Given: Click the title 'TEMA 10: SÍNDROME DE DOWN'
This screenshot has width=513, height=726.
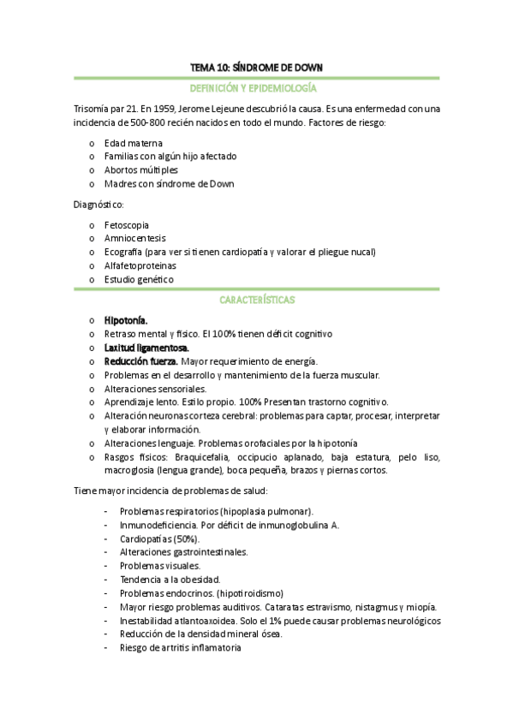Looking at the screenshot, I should click(x=256, y=68).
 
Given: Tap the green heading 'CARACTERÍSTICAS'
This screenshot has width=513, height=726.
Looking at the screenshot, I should click(x=256, y=301).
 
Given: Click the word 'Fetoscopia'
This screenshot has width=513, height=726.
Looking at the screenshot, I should click(x=125, y=225).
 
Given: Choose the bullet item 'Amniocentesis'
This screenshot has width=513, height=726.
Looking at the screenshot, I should click(x=134, y=239).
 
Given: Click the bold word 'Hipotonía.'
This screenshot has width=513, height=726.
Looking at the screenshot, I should click(x=126, y=320).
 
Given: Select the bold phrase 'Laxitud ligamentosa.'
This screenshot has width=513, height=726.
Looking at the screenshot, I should click(x=146, y=348).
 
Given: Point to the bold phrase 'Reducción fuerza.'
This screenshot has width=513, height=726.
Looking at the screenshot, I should click(x=141, y=361).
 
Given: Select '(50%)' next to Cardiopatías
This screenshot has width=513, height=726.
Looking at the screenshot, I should click(x=186, y=539).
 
